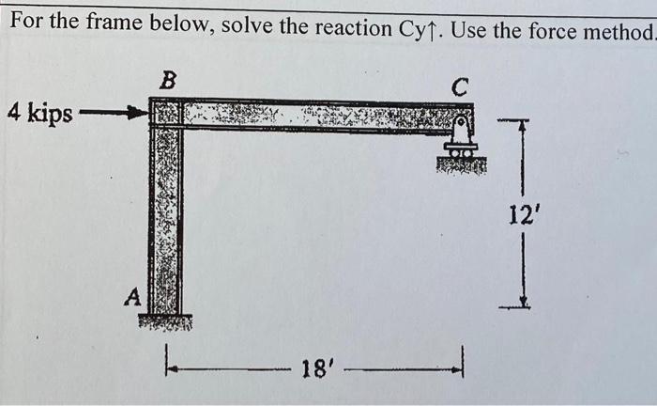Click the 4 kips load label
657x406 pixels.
tap(39, 114)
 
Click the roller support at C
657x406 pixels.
tap(460, 139)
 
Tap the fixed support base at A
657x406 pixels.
tap(165, 322)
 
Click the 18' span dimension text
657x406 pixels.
tap(313, 367)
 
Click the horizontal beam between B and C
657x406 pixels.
tap(319, 115)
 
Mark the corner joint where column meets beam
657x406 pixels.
tap(166, 115)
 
